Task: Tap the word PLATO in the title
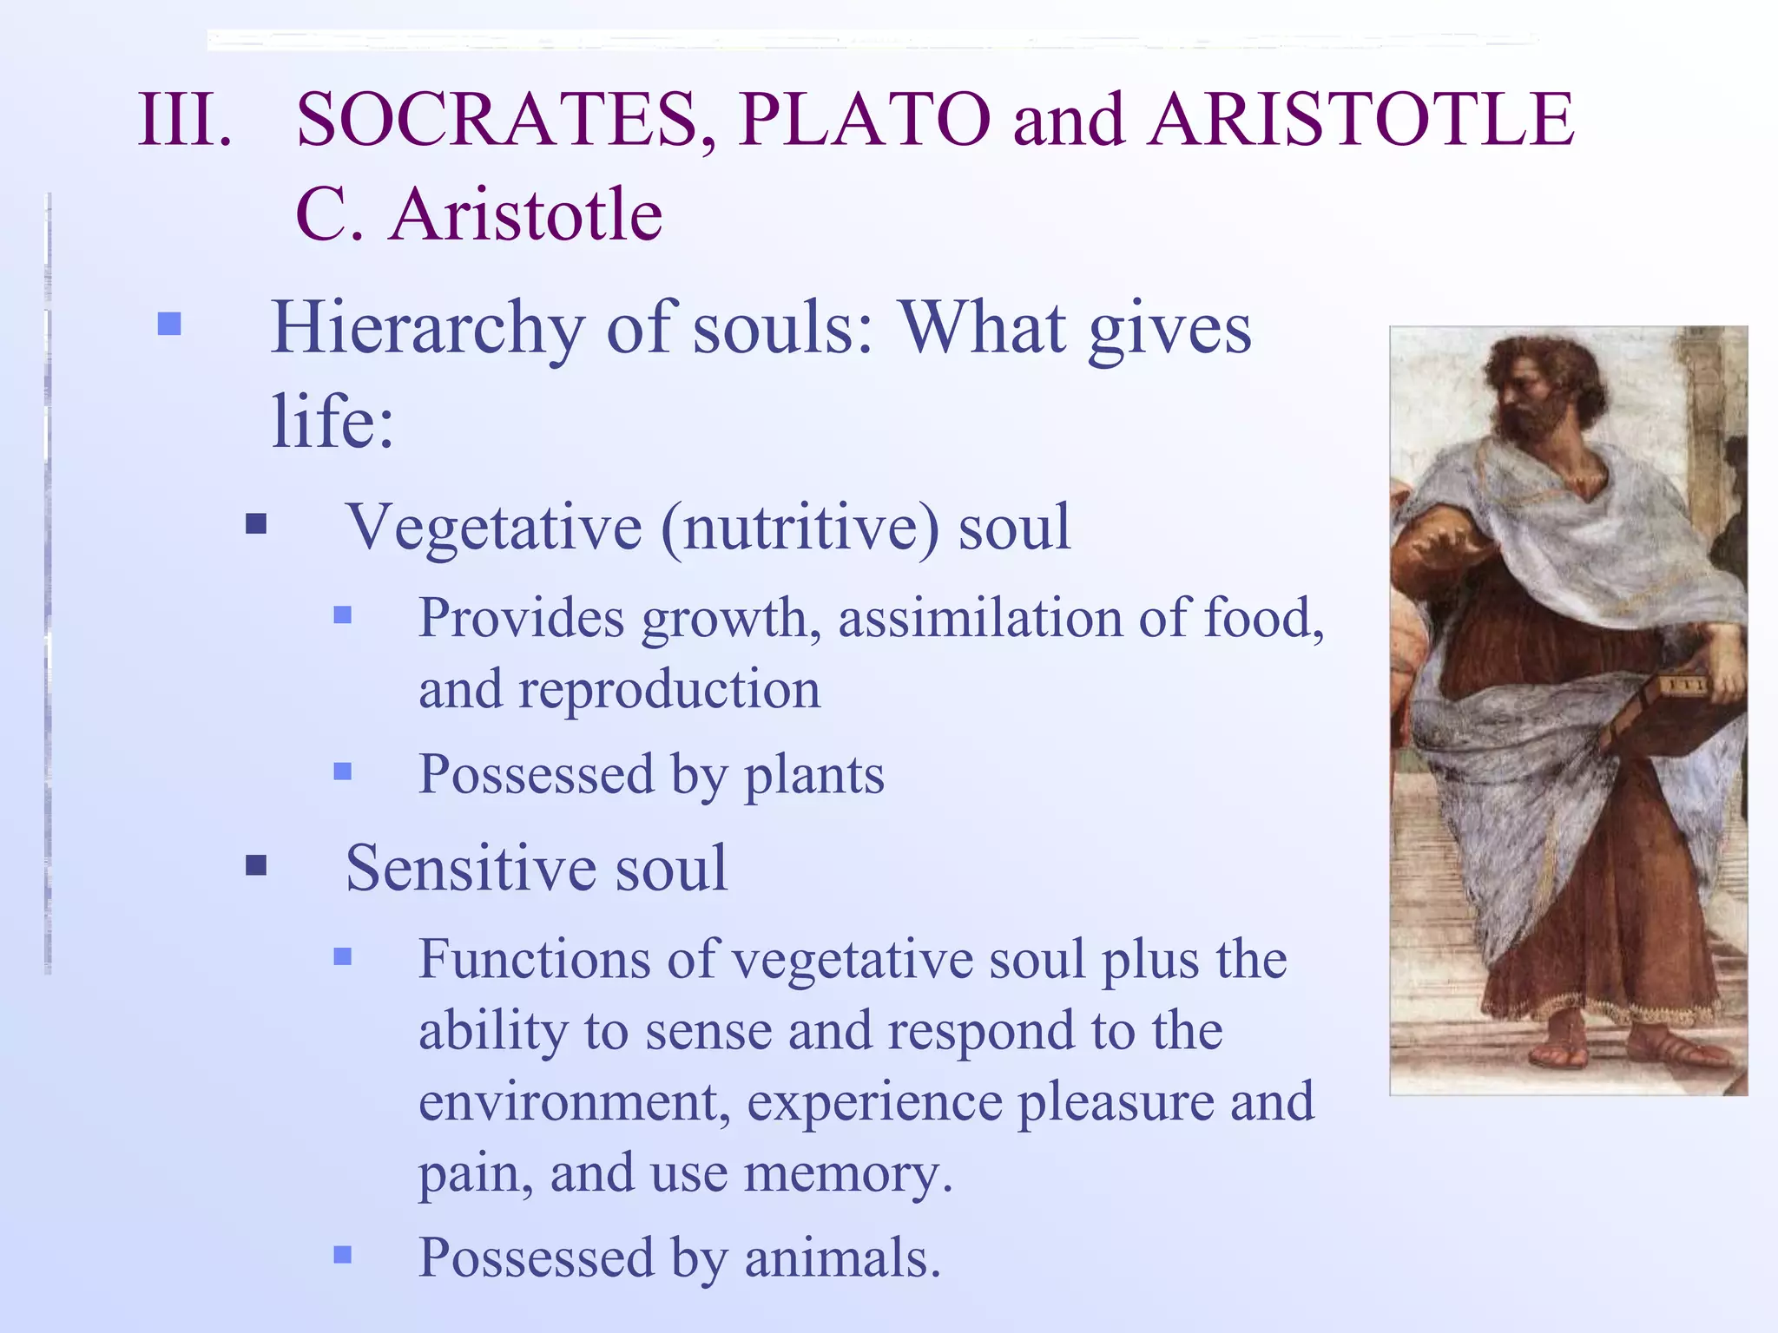(x=865, y=120)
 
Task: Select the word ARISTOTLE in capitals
(x=1360, y=120)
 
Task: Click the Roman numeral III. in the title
(x=185, y=120)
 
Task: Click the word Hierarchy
(x=428, y=330)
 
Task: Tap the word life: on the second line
(x=333, y=422)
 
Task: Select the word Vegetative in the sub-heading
(x=493, y=528)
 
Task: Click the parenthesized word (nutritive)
(x=800, y=528)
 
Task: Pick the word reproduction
(x=668, y=691)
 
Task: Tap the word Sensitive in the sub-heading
(x=470, y=868)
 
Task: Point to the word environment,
(x=574, y=1102)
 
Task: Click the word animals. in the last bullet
(x=842, y=1258)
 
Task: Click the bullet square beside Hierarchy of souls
(x=169, y=325)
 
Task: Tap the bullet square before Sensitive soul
(x=256, y=865)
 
